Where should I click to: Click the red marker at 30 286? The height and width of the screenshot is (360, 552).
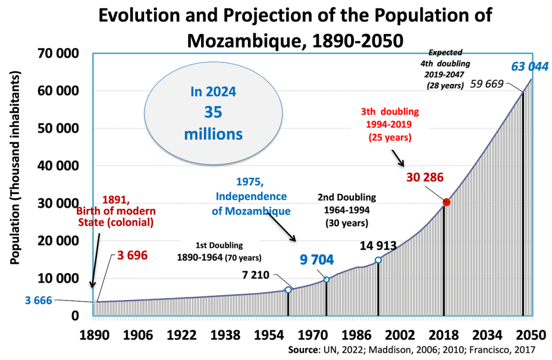(x=446, y=202)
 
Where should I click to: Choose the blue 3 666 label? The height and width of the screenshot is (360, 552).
(x=38, y=300)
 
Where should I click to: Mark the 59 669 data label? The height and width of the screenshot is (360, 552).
(x=487, y=84)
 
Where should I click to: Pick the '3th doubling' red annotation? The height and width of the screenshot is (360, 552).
(x=390, y=112)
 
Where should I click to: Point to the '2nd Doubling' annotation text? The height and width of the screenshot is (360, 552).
(x=347, y=197)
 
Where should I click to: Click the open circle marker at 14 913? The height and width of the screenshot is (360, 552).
(x=378, y=260)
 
